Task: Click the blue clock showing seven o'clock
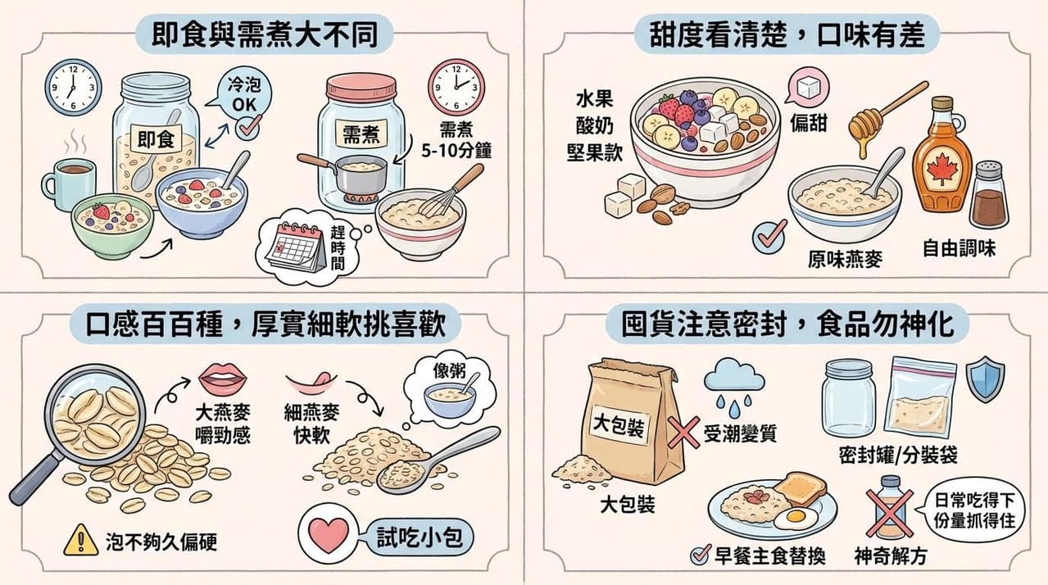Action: point(74,87)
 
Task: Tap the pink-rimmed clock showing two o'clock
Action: point(456,87)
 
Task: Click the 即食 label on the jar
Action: point(156,138)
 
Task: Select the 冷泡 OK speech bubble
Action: point(243,95)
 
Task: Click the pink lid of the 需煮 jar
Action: point(361,88)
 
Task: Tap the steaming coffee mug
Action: point(69,184)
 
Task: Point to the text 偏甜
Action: point(809,124)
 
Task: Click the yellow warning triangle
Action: point(81,540)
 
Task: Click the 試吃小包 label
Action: point(420,537)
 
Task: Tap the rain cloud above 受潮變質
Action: point(734,377)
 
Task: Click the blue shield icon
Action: point(985,379)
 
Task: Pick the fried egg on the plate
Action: point(796,518)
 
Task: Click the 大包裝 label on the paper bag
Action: point(619,427)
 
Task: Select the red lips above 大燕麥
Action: point(223,379)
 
